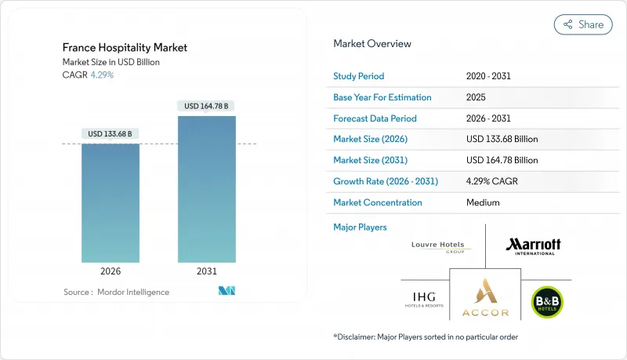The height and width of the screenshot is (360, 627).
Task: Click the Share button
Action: [583, 24]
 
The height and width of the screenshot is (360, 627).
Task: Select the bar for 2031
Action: [207, 188]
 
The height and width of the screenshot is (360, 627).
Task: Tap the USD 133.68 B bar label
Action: [111, 133]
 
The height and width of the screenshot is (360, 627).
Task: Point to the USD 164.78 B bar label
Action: [207, 106]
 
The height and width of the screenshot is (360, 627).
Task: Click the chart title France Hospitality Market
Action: [125, 48]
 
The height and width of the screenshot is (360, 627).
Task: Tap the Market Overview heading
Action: [371, 44]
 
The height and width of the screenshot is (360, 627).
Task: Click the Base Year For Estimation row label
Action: [382, 97]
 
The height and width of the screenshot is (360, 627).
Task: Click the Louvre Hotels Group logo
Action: [438, 246]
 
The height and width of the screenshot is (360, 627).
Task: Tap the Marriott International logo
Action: [533, 246]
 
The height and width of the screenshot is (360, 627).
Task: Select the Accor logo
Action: [485, 298]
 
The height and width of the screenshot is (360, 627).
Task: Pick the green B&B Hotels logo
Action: [547, 302]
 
